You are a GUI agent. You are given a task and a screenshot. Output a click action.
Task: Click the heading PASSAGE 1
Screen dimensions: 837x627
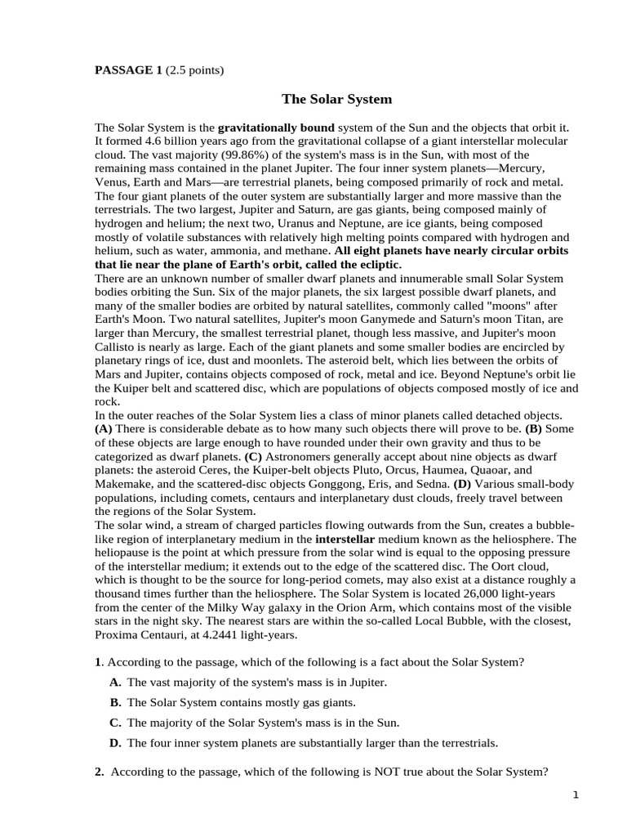pos(129,70)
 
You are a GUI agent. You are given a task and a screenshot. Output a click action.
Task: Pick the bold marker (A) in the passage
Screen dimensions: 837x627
pos(104,428)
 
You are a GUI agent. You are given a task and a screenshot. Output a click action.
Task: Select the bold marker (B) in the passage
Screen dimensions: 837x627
pos(533,428)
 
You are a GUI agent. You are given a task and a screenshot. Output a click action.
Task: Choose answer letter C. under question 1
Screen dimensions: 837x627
pos(115,723)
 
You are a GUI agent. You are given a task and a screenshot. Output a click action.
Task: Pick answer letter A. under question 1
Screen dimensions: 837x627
pos(115,682)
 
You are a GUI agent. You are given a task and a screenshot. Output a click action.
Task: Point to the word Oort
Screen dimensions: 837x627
pos(500,566)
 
